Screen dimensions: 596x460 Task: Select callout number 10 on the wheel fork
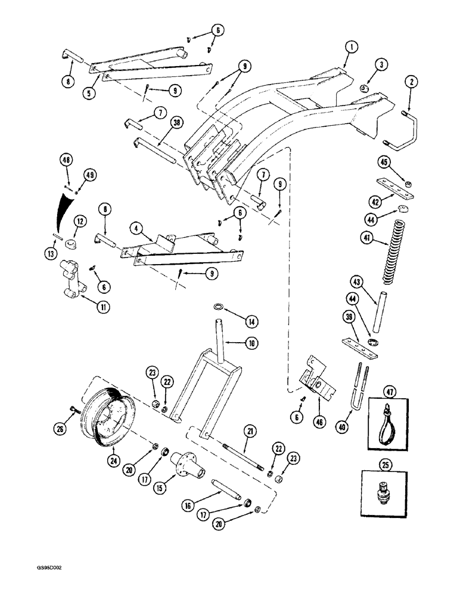point(250,343)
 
